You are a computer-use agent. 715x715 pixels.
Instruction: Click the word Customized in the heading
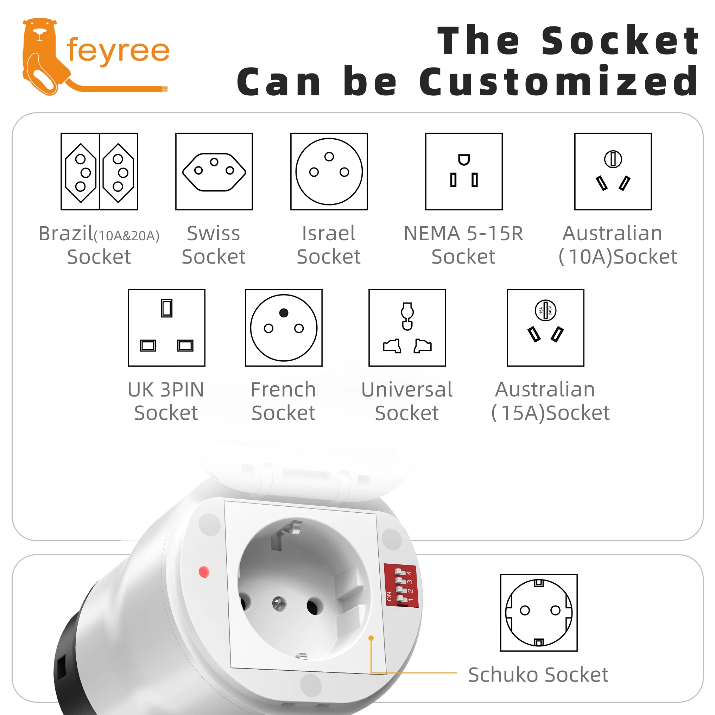pyautogui.click(x=559, y=81)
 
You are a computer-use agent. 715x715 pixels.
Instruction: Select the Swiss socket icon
pyautogui.click(x=214, y=172)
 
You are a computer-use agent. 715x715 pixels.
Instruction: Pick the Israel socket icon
pyautogui.click(x=329, y=172)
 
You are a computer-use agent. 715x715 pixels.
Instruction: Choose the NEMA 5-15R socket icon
pyautogui.click(x=464, y=172)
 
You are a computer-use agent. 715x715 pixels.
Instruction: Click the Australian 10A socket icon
pyautogui.click(x=613, y=172)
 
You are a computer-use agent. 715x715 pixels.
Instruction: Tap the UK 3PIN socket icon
pyautogui.click(x=166, y=328)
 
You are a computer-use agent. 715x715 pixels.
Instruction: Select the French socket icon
pyautogui.click(x=284, y=328)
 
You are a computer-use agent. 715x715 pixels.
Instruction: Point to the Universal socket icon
pyautogui.click(x=407, y=328)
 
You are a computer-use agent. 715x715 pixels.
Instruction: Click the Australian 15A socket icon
pyautogui.click(x=545, y=328)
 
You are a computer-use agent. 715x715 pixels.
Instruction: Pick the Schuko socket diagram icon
pyautogui.click(x=539, y=613)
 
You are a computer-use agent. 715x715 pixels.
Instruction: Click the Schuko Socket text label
pyautogui.click(x=538, y=675)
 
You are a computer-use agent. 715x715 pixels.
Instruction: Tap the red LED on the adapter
pyautogui.click(x=204, y=572)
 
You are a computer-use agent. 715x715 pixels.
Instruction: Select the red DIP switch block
pyautogui.click(x=401, y=586)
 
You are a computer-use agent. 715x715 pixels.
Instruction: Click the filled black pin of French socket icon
pyautogui.click(x=284, y=313)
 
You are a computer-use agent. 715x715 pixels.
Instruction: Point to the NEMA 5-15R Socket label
pyautogui.click(x=463, y=245)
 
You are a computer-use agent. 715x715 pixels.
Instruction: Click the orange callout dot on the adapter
pyautogui.click(x=371, y=638)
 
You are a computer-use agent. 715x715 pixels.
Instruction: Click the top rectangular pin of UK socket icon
pyautogui.click(x=166, y=308)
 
